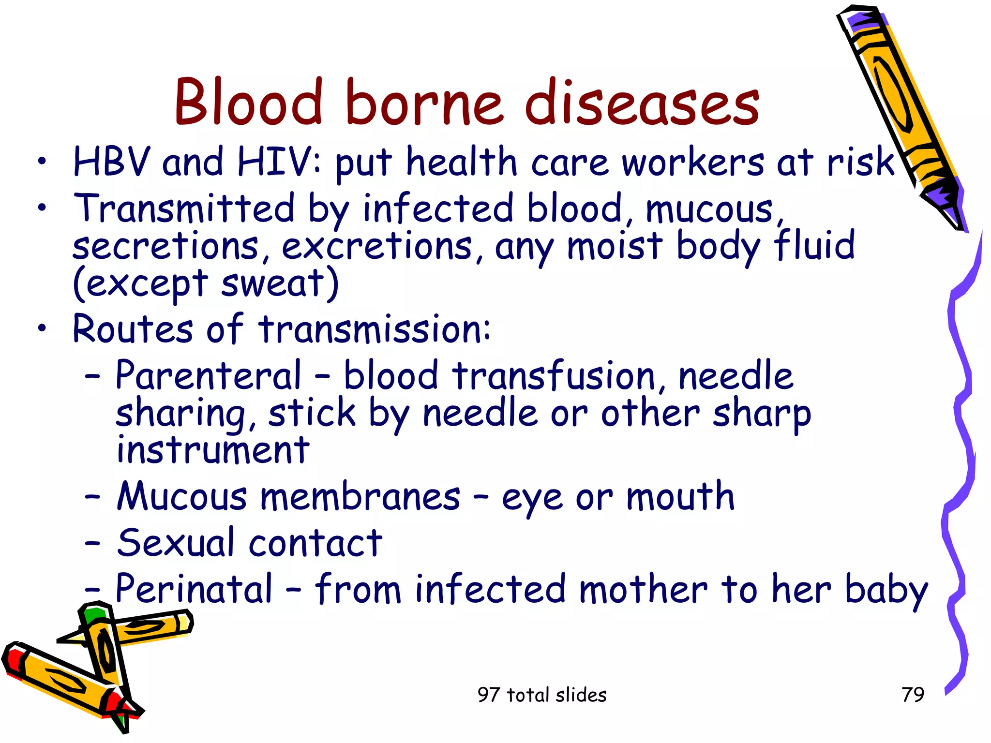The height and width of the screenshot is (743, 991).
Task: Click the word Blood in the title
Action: pyautogui.click(x=248, y=103)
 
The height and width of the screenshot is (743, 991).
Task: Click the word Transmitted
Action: pyautogui.click(x=184, y=208)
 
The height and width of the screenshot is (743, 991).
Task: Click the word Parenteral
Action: pyautogui.click(x=209, y=376)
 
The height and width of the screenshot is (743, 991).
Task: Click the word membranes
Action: pyautogui.click(x=360, y=497)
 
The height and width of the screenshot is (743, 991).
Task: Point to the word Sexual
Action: pyautogui.click(x=176, y=543)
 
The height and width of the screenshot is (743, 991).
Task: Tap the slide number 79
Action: pyautogui.click(x=913, y=695)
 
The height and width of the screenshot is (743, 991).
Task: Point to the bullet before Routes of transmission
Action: pyautogui.click(x=43, y=329)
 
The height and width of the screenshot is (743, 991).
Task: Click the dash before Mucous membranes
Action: pyautogui.click(x=92, y=497)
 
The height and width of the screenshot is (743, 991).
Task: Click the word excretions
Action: pyautogui.click(x=376, y=247)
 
